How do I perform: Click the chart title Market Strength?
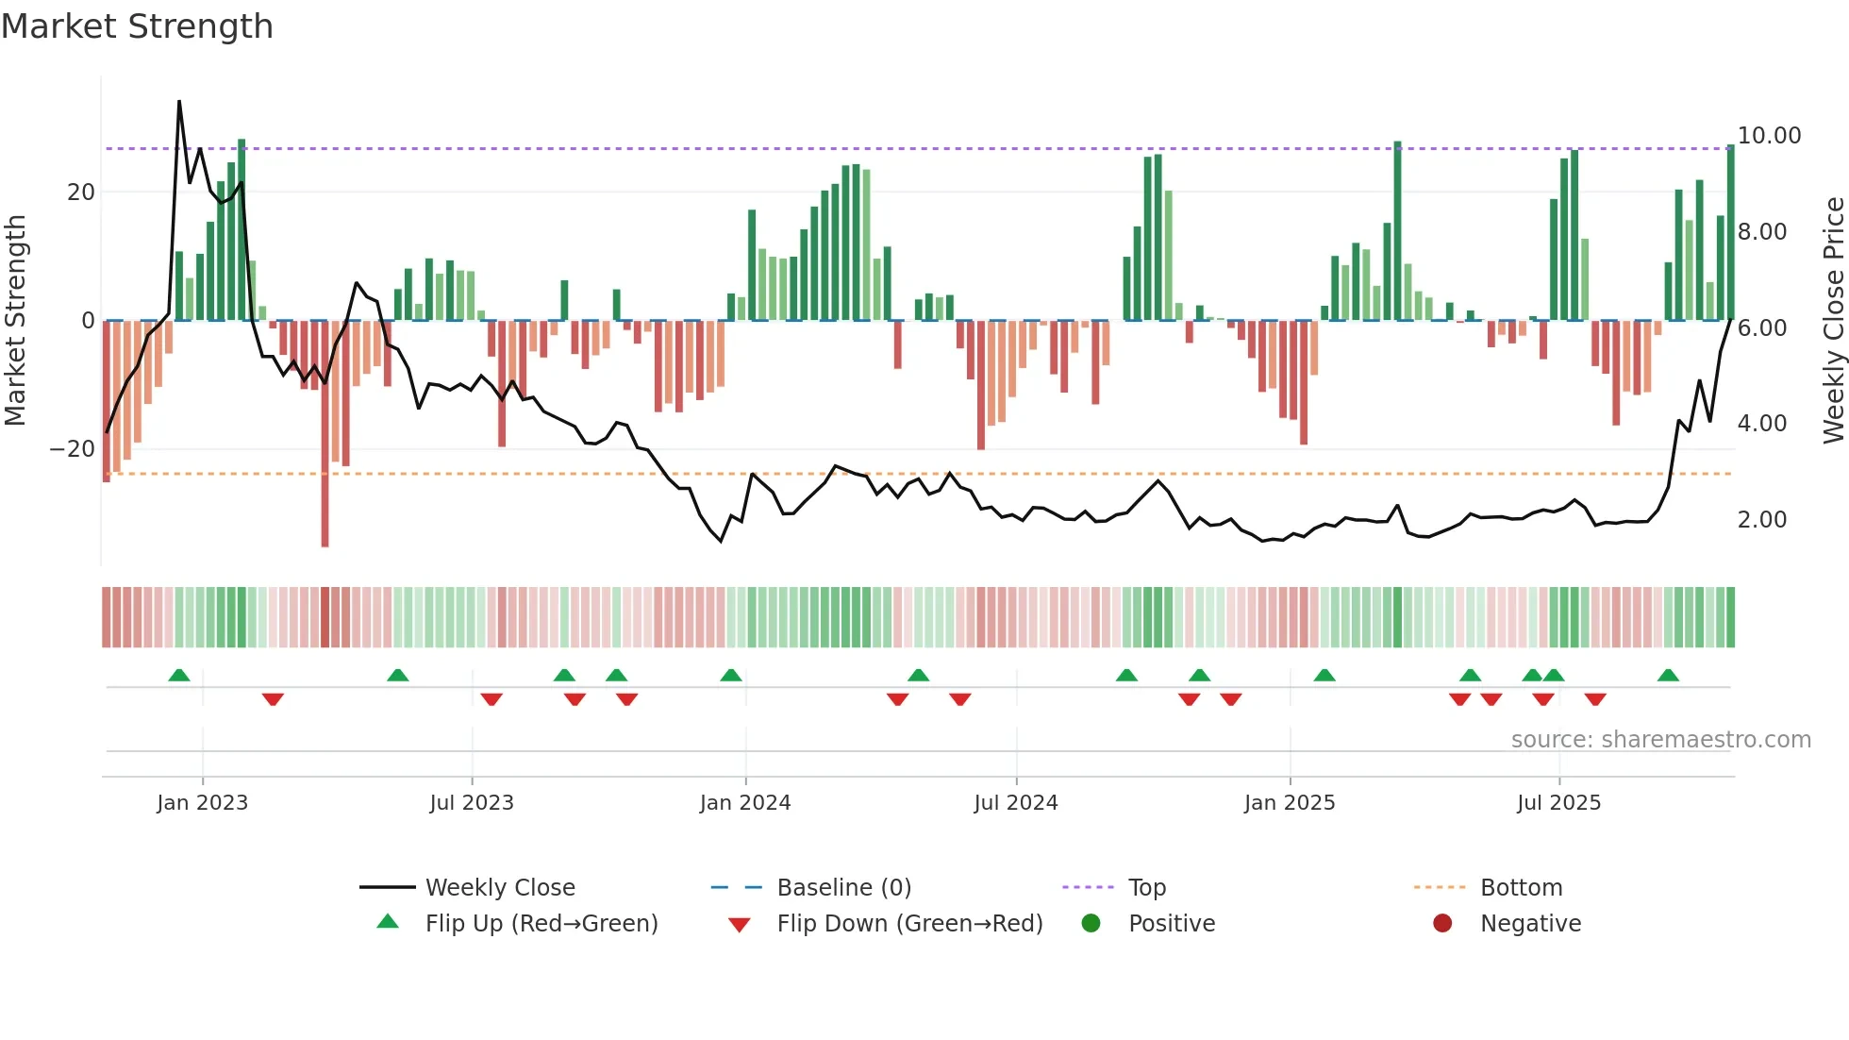point(137,26)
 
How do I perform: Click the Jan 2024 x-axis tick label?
point(744,803)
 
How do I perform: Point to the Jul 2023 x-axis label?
point(471,803)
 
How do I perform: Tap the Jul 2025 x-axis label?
point(1558,803)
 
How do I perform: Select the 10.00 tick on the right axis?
point(1769,136)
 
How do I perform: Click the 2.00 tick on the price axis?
point(1761,520)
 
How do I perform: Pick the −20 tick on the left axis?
point(72,449)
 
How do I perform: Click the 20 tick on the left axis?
point(81,193)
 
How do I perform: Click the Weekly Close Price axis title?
point(1833,321)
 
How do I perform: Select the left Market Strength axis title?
point(15,321)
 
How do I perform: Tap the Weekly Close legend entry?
point(499,888)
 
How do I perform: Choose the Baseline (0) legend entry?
point(843,888)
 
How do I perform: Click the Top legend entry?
point(1146,888)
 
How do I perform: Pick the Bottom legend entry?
point(1521,888)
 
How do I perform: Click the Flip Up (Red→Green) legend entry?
point(541,924)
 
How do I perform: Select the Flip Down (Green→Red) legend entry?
point(909,924)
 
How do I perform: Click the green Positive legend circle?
point(1091,924)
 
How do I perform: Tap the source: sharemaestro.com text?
point(1660,740)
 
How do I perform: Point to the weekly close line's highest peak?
point(179,102)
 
